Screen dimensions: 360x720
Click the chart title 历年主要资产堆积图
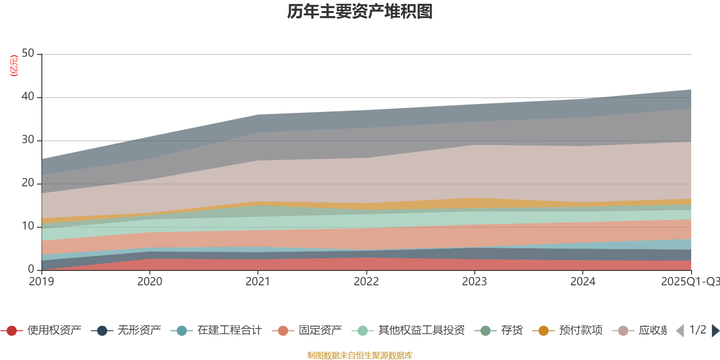pos(360,12)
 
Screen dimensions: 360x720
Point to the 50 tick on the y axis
pos(28,54)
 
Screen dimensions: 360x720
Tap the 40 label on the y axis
pos(28,97)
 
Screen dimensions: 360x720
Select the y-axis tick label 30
pos(28,140)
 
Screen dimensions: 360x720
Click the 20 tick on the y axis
pos(28,183)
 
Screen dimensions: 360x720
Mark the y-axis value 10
pos(28,226)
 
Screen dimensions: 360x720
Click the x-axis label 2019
pos(41,282)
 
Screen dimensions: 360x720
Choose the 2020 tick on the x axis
pos(149,282)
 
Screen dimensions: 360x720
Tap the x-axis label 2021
pos(257,282)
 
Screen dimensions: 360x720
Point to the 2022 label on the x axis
pos(366,282)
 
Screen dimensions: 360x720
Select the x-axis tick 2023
pos(474,282)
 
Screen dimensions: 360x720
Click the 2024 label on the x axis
pos(583,282)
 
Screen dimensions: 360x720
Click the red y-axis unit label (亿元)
pos(14,66)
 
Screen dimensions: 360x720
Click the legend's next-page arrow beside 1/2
pos(715,331)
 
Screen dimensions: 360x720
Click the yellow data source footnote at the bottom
pos(360,355)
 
